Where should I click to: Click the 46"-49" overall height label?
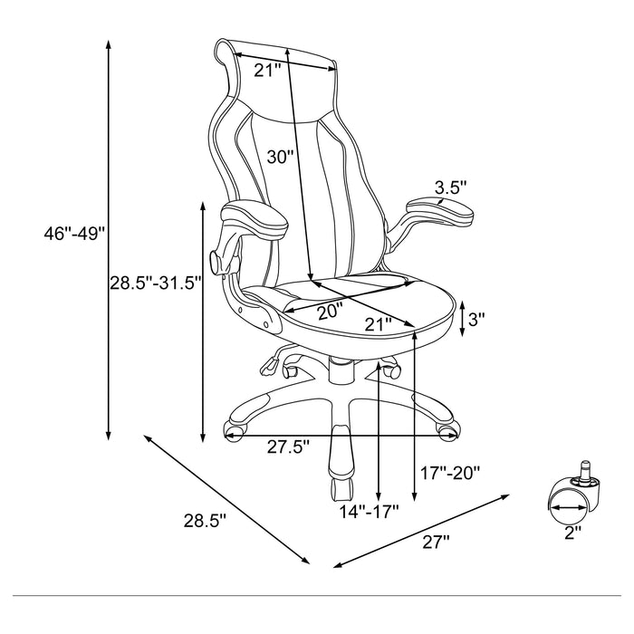75,234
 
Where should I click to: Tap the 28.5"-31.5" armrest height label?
155,283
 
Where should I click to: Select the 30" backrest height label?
281,156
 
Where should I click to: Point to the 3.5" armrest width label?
450,187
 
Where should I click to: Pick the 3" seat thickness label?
477,319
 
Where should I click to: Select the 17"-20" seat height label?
450,473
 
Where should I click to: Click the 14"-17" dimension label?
371,511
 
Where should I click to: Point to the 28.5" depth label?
205,521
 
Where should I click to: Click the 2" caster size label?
572,533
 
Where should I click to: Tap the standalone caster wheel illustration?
572,496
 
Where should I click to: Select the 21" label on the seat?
379,322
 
